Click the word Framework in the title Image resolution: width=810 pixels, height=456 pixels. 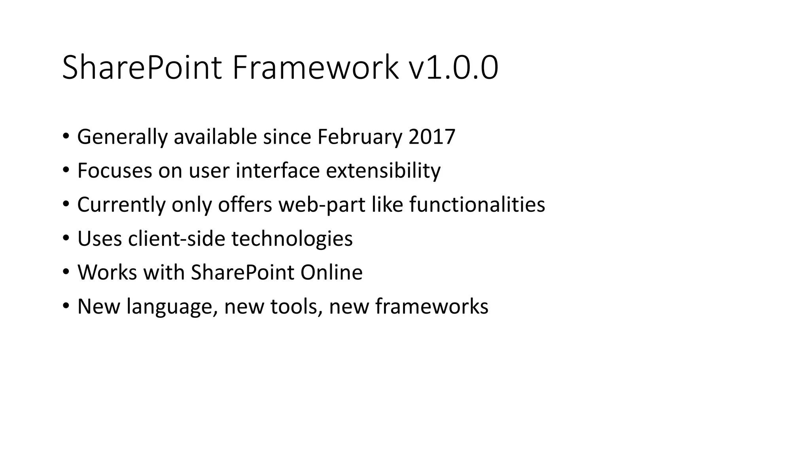315,68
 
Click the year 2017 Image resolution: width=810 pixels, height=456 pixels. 432,137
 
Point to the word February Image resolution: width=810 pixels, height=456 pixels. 359,137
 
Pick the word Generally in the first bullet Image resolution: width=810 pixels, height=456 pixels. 122,137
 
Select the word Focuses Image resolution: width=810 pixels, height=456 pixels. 115,171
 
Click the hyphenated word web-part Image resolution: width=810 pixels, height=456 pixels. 322,205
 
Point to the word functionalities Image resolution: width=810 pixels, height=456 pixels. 477,205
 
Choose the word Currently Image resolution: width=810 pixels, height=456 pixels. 121,205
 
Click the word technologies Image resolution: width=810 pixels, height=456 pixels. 292,239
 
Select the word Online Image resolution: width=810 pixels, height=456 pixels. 331,272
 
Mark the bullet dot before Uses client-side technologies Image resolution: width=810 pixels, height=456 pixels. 66,238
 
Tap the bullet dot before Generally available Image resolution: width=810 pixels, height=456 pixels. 66,137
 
